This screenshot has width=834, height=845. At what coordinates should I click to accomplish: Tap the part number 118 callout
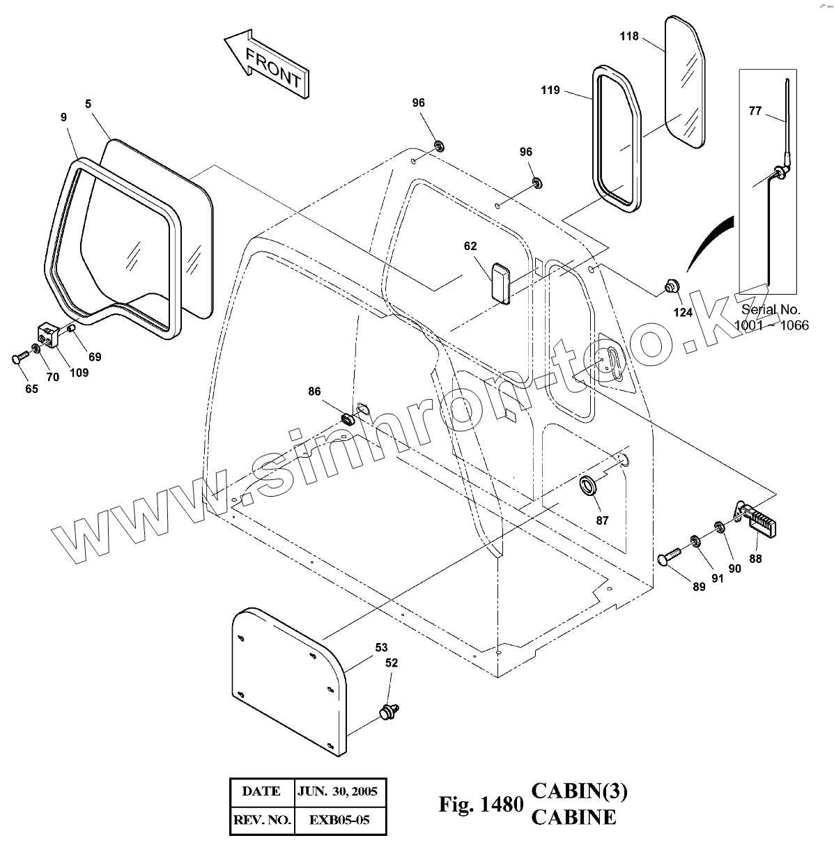tap(629, 36)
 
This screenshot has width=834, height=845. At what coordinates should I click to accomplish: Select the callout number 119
tap(550, 91)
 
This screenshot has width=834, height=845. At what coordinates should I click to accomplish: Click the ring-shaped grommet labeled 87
tap(589, 486)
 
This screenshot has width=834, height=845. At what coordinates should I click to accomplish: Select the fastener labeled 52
tap(389, 712)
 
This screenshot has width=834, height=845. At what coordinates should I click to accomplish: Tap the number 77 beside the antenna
tap(755, 111)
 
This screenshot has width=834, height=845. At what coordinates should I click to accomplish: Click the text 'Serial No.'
tap(771, 309)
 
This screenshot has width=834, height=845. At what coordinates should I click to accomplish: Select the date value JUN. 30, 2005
tap(338, 791)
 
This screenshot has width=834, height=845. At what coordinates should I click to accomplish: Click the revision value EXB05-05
tap(339, 820)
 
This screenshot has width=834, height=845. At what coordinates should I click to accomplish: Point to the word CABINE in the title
tap(573, 817)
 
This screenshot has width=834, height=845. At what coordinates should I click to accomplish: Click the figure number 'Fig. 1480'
tap(480, 805)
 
